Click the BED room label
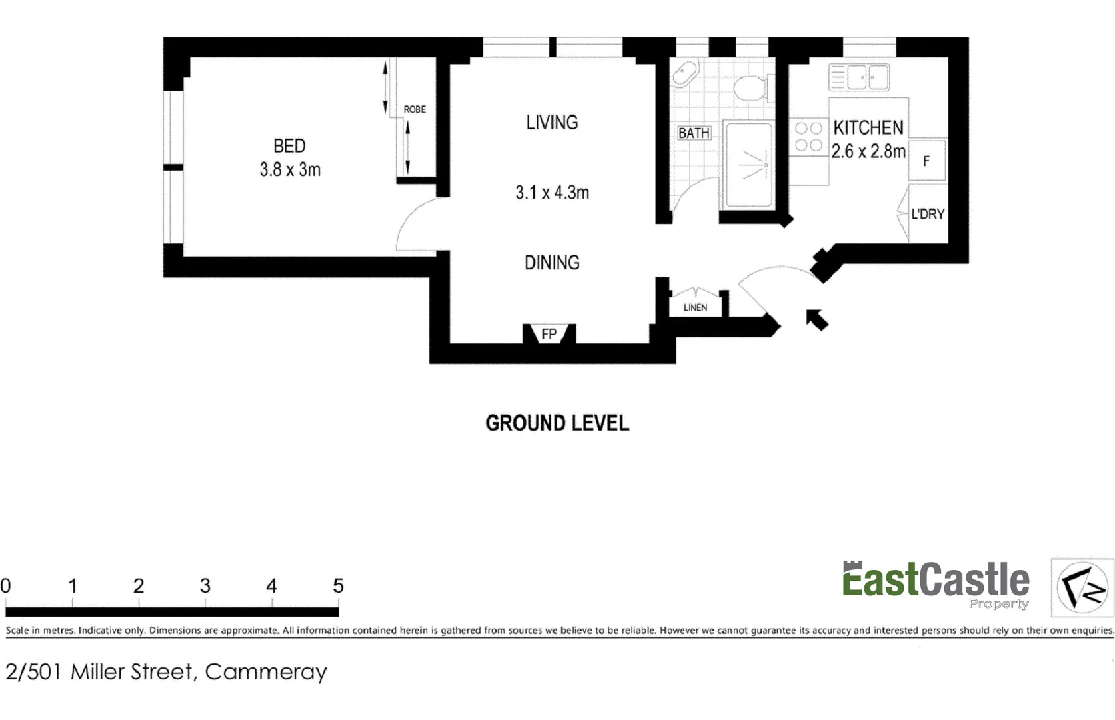[x=289, y=146]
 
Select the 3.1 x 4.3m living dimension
[x=552, y=193]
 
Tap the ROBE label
[x=414, y=109]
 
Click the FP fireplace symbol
[x=549, y=333]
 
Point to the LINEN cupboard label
[x=695, y=307]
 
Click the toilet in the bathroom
[x=751, y=88]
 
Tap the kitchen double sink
[x=859, y=77]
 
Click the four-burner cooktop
[x=808, y=137]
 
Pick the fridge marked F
[x=926, y=161]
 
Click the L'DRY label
[x=927, y=214]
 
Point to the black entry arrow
[x=817, y=320]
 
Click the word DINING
[x=552, y=263]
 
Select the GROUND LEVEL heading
[x=557, y=423]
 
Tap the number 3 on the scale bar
[x=205, y=586]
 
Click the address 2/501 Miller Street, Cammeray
[x=166, y=671]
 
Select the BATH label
[x=694, y=133]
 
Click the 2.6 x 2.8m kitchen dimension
[x=868, y=151]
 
